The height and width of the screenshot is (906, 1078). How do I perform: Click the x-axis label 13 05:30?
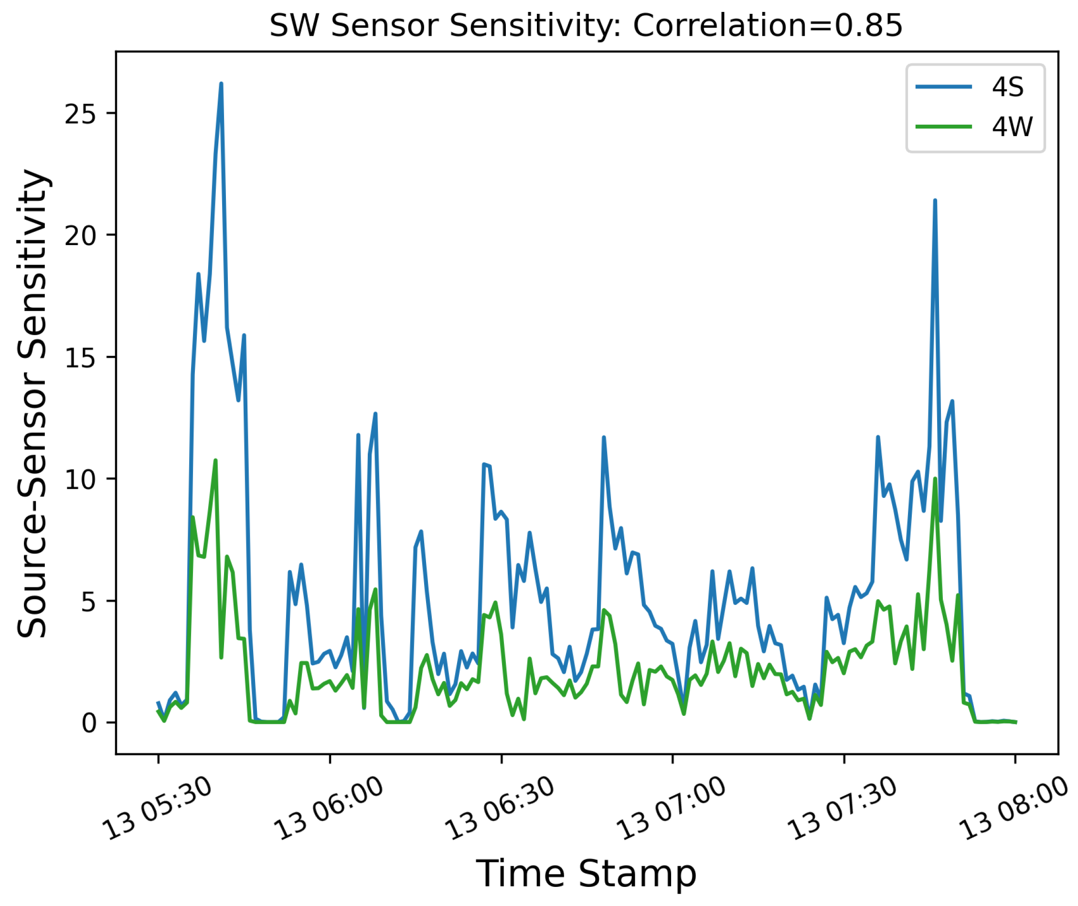(x=157, y=809)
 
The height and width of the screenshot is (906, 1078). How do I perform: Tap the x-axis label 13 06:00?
(x=328, y=809)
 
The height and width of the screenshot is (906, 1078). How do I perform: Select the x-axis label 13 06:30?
(x=499, y=809)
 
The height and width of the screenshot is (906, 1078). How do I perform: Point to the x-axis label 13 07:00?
(x=671, y=809)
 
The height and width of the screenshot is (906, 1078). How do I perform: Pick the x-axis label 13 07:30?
(x=842, y=809)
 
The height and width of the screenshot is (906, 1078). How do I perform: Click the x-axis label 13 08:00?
(x=1014, y=809)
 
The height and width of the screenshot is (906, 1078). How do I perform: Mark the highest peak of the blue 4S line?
(x=221, y=83)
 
